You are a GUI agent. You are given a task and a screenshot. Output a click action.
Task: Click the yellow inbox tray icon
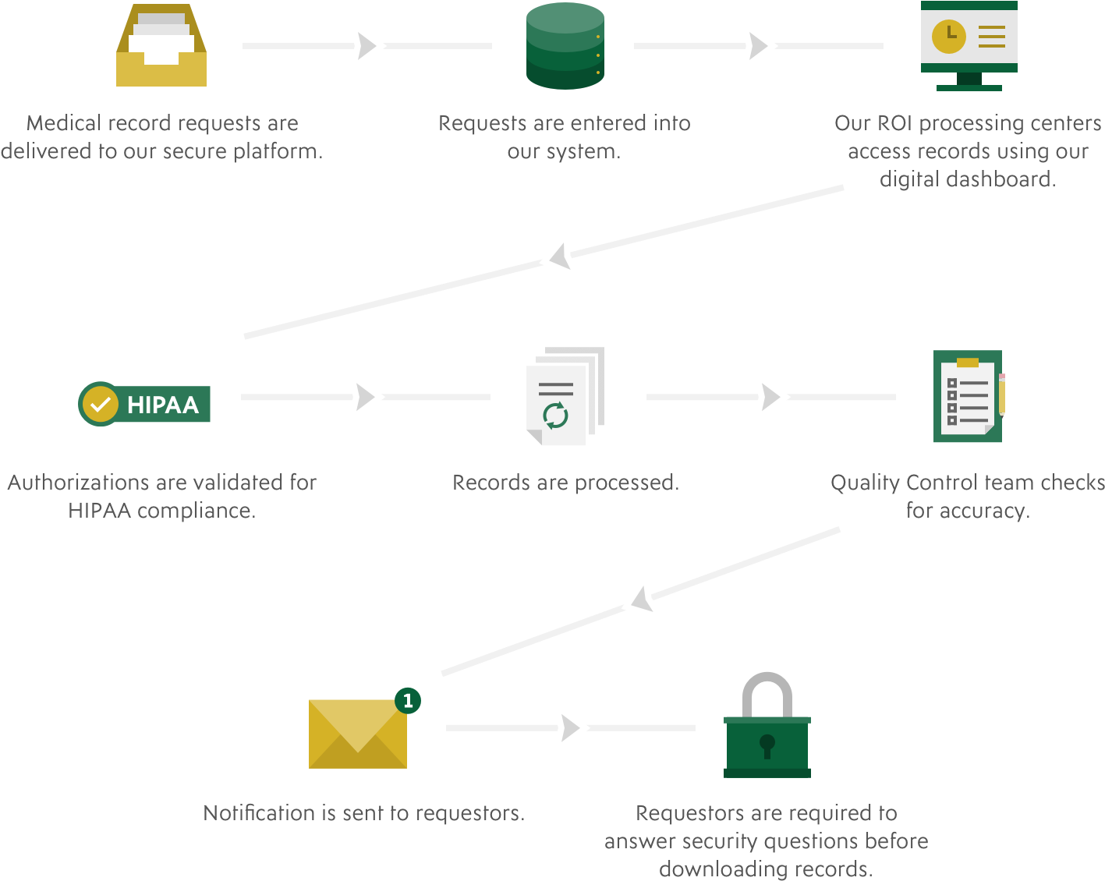click(161, 47)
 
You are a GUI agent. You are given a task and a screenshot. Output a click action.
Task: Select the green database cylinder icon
click(565, 47)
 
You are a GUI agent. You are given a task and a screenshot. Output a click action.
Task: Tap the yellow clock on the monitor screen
click(949, 35)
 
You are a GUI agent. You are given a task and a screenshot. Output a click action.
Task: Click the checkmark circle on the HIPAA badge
click(100, 404)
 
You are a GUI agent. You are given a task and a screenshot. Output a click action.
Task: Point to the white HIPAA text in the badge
click(163, 405)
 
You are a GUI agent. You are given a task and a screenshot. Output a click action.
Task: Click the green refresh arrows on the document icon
click(555, 415)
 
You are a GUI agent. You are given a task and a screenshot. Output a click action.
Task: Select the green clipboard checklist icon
click(967, 397)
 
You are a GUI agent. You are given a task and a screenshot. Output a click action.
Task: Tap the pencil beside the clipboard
click(1002, 394)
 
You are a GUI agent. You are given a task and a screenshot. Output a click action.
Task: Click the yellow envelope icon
click(358, 733)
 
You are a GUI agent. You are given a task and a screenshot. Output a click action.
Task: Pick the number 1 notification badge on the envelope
click(408, 700)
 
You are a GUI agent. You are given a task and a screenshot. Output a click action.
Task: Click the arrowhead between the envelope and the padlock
click(568, 727)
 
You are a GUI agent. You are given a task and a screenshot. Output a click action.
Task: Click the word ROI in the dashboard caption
click(894, 123)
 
